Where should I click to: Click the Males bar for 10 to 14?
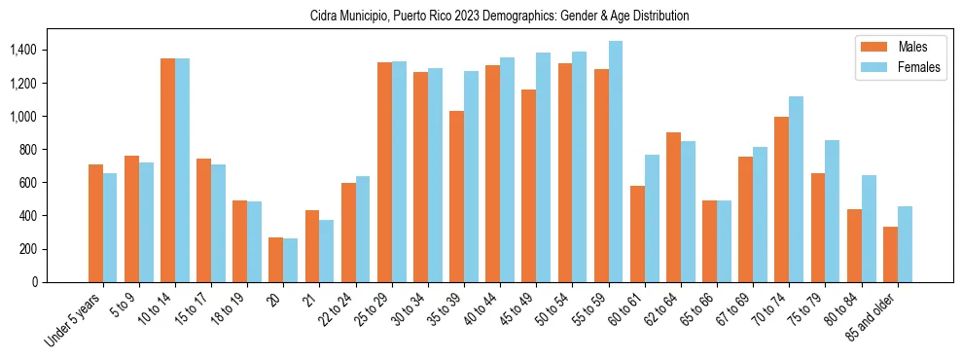coord(167,170)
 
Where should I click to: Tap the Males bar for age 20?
coord(276,260)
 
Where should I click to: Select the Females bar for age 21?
coord(327,251)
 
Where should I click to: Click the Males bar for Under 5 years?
coord(95,223)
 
